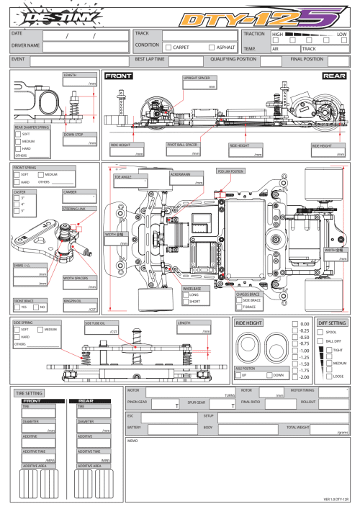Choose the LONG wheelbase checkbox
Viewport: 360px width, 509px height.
(x=186, y=294)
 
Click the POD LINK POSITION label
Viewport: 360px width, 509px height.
(x=230, y=172)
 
